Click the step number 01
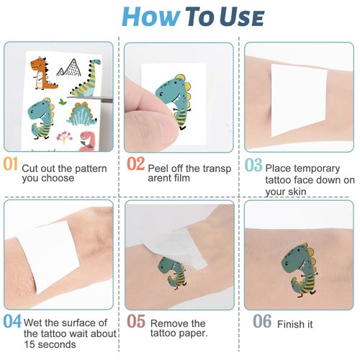(x=10, y=164)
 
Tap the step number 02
(x=135, y=164)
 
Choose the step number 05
(x=135, y=322)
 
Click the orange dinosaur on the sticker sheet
(x=43, y=73)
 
